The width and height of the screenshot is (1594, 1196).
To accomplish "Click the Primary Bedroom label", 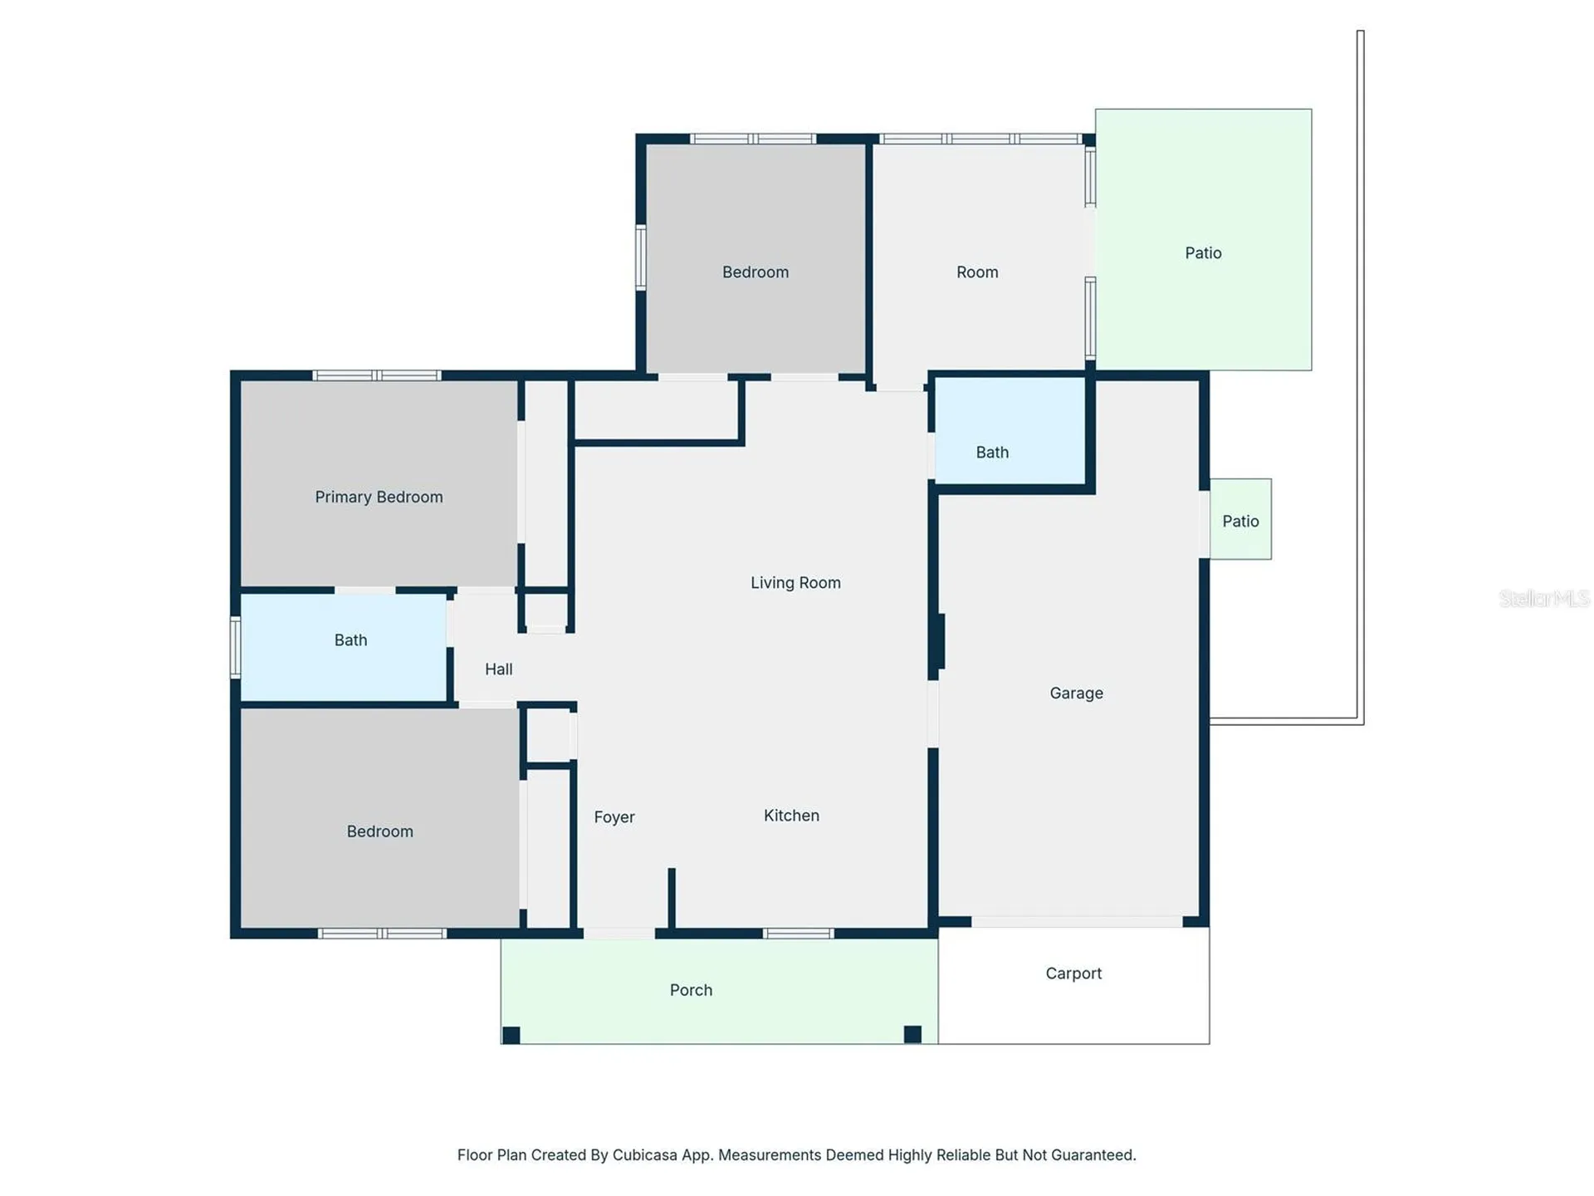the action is click(x=379, y=497).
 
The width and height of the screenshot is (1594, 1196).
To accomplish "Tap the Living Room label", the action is click(x=795, y=583).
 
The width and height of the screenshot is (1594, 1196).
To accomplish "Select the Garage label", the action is click(x=1076, y=693).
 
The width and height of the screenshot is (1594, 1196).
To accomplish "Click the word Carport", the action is click(x=1073, y=973).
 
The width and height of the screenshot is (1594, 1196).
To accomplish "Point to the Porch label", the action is click(x=691, y=990).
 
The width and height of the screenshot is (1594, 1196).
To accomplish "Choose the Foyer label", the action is click(x=614, y=817).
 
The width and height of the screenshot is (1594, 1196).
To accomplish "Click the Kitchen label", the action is click(x=791, y=816).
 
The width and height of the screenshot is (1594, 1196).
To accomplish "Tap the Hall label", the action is click(x=498, y=669).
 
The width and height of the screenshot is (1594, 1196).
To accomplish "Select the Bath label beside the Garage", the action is click(x=992, y=453).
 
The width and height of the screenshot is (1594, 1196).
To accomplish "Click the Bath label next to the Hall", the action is click(x=350, y=640).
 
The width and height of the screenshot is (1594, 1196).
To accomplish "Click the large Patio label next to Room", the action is click(x=1203, y=253).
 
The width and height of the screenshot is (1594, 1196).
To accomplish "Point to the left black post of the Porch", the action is click(x=511, y=1035).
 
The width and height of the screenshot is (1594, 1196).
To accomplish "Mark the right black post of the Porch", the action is click(x=912, y=1034).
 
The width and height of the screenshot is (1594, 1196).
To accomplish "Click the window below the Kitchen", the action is click(x=798, y=934).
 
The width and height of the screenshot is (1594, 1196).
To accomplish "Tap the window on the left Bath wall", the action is click(x=236, y=647).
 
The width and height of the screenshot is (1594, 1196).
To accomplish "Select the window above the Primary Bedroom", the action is click(x=377, y=375).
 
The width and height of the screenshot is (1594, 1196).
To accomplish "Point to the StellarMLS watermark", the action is click(x=1544, y=598).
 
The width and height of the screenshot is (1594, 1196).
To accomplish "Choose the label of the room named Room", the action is click(x=977, y=272).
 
